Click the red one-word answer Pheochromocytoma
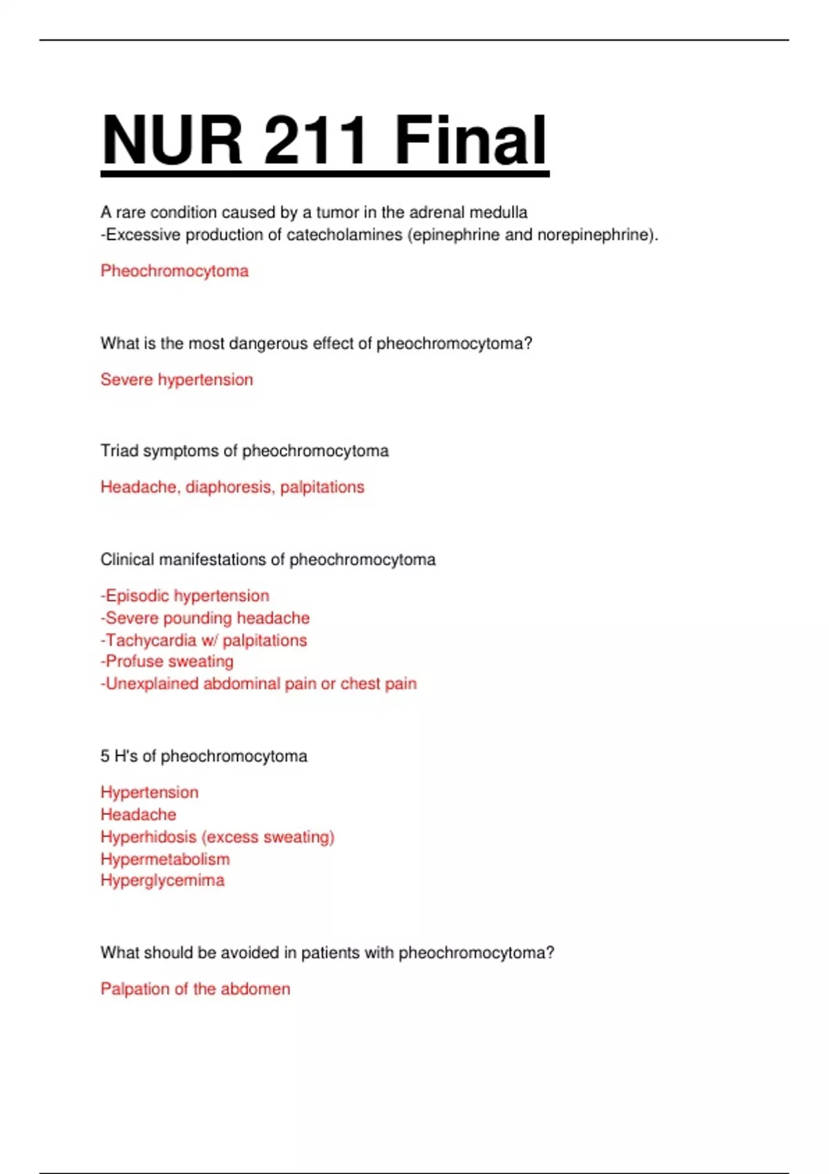174,271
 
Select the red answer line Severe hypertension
177,380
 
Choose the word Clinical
127,559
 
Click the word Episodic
137,596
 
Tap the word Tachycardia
151,640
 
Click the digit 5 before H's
105,756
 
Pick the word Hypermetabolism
165,859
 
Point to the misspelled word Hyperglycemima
162,880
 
